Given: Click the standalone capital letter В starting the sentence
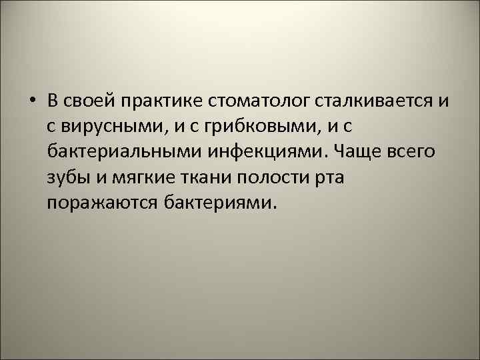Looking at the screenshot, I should [x=54, y=101].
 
